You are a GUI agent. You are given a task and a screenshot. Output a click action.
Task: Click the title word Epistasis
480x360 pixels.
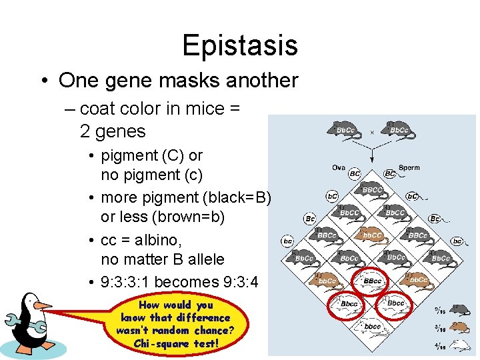coord(239,45)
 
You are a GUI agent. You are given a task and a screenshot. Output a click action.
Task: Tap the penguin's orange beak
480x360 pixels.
coord(43,306)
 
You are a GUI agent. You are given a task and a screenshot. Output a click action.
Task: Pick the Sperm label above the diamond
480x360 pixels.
coord(409,167)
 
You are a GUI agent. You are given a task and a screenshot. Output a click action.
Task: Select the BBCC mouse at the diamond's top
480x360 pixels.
coord(372,190)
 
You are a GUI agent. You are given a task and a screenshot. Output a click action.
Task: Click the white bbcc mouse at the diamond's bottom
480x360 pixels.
coord(372,326)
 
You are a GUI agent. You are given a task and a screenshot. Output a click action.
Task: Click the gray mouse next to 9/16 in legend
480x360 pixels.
coord(459,309)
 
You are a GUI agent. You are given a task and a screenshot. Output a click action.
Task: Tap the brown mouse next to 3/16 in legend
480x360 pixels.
coord(459,327)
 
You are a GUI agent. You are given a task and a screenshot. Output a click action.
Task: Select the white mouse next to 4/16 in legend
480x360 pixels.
coord(459,345)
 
